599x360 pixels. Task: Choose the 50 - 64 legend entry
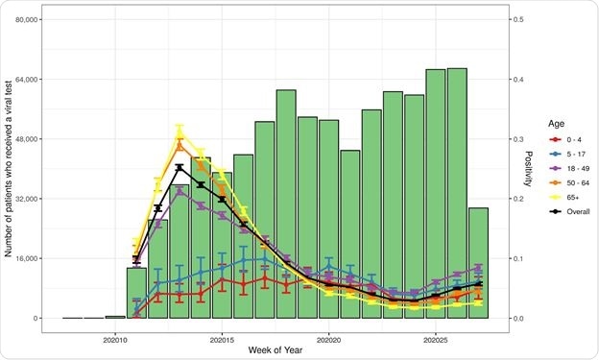570,181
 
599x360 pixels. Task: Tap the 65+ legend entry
564,197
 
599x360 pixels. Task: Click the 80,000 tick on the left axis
22,19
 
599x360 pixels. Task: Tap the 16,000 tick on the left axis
22,258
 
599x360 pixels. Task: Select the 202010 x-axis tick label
115,339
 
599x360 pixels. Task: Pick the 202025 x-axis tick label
435,339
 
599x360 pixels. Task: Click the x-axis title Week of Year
275,351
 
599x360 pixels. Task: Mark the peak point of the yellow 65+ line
180,131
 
